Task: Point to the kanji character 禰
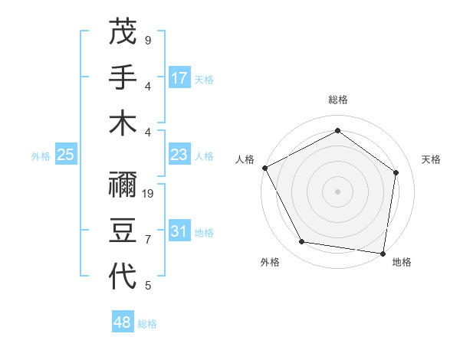(123, 184)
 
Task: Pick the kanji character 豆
(123, 230)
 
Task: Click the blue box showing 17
(179, 77)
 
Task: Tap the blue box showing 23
(179, 155)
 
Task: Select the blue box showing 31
(179, 231)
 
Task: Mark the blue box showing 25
(66, 155)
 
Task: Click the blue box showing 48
(123, 322)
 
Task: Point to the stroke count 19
(149, 193)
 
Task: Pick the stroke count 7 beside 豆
(147, 240)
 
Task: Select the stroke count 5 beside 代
(147, 286)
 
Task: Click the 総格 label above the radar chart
(338, 100)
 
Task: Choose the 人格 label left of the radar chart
(245, 159)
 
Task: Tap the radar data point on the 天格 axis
(396, 172)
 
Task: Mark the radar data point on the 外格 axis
(302, 242)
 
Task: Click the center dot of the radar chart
(338, 191)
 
